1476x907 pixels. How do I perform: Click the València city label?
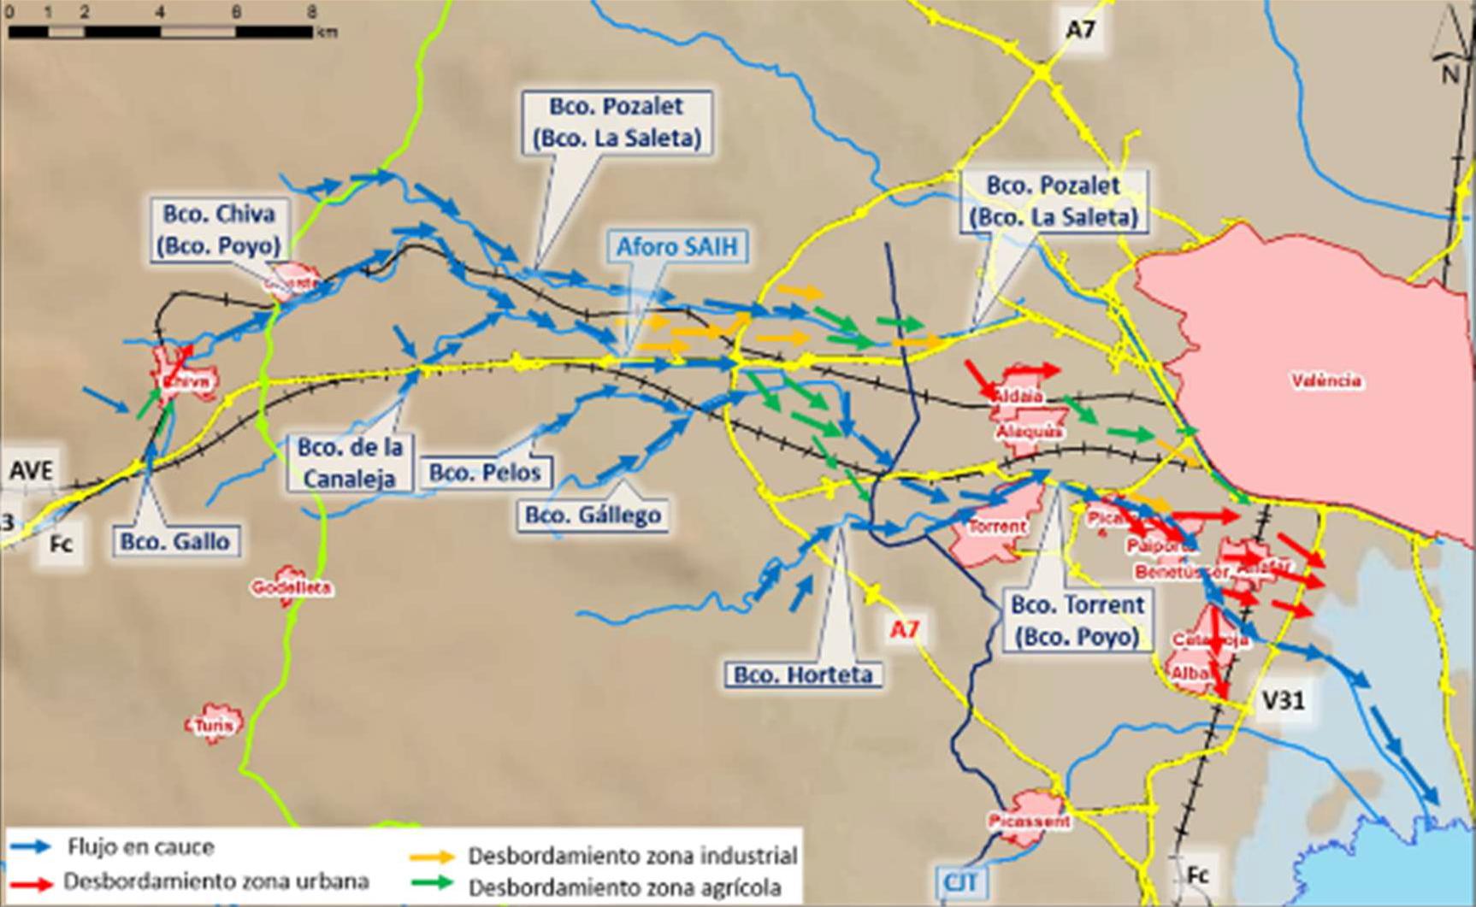pos(1325,380)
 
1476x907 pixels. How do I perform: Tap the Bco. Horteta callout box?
pos(803,674)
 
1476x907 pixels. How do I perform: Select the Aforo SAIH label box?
pos(682,246)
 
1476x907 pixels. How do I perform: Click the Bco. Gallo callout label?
pos(175,541)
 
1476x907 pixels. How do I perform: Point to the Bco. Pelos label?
pos(485,473)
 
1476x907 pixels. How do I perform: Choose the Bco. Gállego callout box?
pos(593,515)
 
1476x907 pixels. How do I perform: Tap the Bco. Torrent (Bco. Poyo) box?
pos(1077,621)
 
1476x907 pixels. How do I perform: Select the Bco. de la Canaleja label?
pos(350,462)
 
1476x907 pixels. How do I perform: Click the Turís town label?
pos(214,726)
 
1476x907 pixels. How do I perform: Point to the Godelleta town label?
pos(291,588)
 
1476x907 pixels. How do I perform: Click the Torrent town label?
pos(996,527)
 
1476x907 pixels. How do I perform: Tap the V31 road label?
pos(1283,700)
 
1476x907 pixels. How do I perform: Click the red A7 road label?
pos(904,630)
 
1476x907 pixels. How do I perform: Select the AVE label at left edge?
pos(31,470)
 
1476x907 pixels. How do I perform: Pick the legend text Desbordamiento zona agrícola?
pos(624,886)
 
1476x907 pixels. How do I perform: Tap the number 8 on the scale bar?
pos(311,12)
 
